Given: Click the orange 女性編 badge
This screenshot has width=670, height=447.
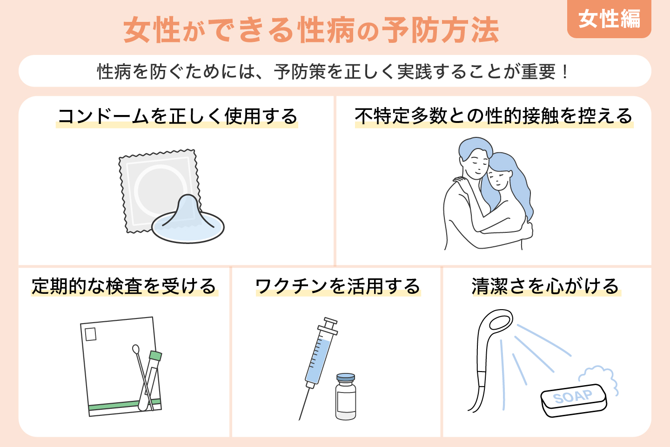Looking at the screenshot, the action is coord(609,19).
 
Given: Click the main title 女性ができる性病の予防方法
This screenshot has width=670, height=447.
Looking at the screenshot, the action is coord(311,30).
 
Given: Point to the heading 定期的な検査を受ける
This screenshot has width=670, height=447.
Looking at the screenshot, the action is coord(124,286).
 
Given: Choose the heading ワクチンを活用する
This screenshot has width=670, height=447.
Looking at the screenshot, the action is coord(338,286).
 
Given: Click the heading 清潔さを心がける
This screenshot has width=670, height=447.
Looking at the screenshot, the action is coord(545,286).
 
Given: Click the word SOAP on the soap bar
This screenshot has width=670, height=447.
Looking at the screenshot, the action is coord(572,397).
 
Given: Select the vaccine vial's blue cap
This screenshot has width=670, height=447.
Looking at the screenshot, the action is coord(345,377).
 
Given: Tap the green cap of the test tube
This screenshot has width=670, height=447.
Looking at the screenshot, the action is coord(155,356).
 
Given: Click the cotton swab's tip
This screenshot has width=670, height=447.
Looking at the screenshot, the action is coord(135,349).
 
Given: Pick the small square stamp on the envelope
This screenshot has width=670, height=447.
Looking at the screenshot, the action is coord(90,334).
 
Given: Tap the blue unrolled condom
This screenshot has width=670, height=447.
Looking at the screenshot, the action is coord(188,220).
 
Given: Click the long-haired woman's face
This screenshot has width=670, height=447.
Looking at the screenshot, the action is coord(498,180).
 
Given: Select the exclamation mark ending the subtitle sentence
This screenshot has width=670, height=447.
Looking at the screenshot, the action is coord(565,72).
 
